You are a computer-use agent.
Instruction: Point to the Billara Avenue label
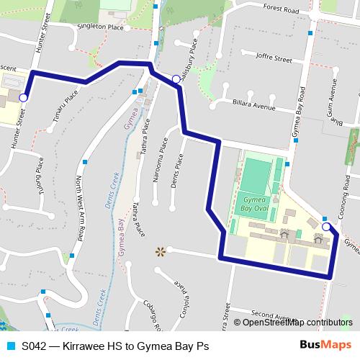click(256, 106)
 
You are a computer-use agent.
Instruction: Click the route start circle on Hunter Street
click(23, 97)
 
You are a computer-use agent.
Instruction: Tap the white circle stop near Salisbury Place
click(176, 79)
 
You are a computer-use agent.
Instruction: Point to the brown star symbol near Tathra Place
click(161, 251)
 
